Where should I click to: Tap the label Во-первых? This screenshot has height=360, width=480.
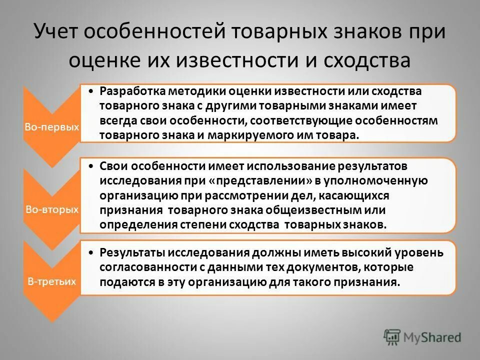[51, 127]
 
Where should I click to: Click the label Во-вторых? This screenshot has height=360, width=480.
[51, 209]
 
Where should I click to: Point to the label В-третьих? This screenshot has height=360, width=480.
[51, 281]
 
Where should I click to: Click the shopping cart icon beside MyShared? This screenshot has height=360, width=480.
[392, 337]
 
